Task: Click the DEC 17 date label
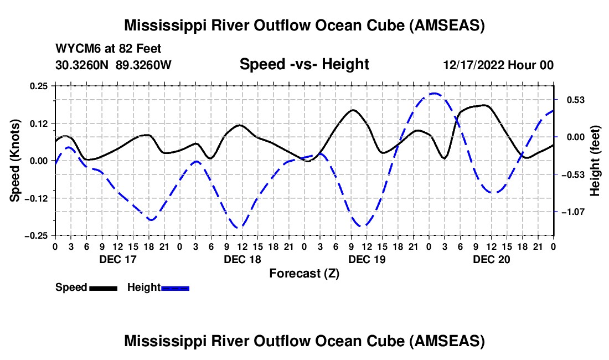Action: [x=117, y=259]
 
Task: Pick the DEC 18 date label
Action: [x=242, y=259]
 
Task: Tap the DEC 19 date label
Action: [x=367, y=259]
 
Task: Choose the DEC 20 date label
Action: [x=491, y=259]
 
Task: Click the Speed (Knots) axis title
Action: [x=16, y=161]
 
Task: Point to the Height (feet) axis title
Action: [x=595, y=161]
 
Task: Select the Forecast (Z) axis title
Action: [x=304, y=273]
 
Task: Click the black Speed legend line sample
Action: [x=102, y=288]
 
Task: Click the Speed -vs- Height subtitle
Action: [x=304, y=65]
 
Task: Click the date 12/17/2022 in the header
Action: [x=474, y=65]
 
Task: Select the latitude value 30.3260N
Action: [x=82, y=65]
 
